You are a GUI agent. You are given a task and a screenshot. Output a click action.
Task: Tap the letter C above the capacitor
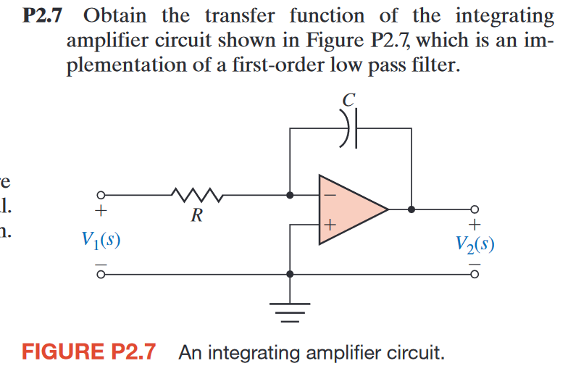coord(349,101)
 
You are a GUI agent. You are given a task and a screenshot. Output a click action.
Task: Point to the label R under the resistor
coord(196,215)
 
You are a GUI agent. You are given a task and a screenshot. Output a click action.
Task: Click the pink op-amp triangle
coord(348,209)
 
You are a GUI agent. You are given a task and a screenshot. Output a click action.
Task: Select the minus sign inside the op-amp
coord(329,194)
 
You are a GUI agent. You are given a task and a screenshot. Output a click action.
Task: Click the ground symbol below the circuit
coord(290,312)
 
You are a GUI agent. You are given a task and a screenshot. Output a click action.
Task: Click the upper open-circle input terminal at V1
coord(102,195)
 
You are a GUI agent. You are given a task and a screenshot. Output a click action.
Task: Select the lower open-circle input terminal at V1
coord(102,275)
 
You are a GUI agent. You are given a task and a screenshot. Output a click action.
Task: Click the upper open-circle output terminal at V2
coord(475,209)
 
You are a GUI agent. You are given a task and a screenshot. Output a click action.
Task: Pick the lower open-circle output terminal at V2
coord(475,275)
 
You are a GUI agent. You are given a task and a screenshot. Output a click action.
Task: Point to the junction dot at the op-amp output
coord(412,209)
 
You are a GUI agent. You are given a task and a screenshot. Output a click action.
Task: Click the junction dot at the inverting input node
coord(290,195)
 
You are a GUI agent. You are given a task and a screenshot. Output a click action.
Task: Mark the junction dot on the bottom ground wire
coord(290,275)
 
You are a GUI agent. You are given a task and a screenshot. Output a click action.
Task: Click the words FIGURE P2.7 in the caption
coord(89,353)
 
